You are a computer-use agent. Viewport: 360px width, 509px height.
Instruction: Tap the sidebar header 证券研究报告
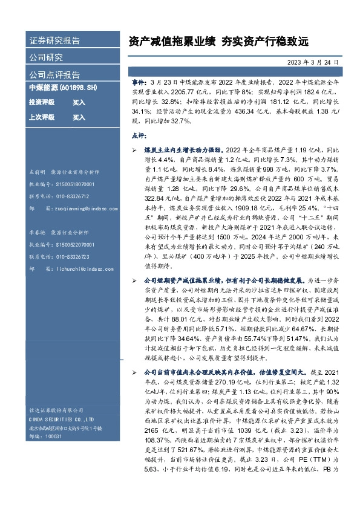pos(54,41)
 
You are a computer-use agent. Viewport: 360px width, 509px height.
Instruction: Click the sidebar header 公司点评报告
pos(54,75)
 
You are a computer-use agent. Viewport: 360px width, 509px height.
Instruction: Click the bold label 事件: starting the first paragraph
pos(139,80)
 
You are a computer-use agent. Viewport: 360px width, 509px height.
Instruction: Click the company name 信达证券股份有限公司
pos(55,407)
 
